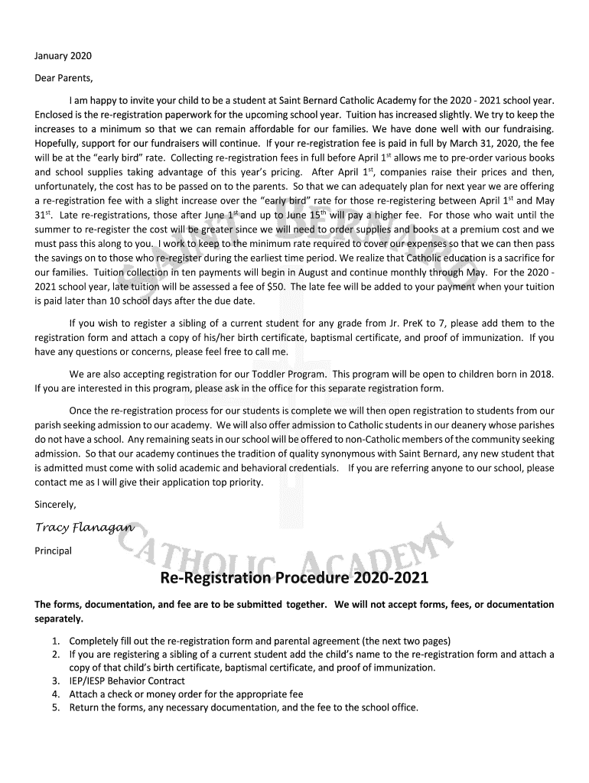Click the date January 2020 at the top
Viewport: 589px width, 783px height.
[x=63, y=56]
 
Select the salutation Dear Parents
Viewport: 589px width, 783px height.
[x=63, y=78]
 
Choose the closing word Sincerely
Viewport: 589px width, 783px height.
[x=56, y=505]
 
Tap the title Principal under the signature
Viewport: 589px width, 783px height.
[x=54, y=551]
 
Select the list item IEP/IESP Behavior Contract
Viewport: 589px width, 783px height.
[x=127, y=681]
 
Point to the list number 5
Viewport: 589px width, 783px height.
[x=56, y=707]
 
